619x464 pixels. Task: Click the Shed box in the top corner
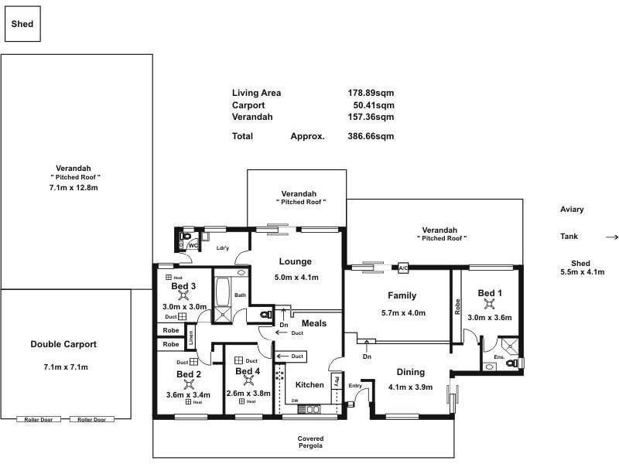[22, 24]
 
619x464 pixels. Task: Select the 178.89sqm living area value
[371, 93]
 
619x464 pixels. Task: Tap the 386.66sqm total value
[371, 136]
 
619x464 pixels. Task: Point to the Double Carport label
[63, 344]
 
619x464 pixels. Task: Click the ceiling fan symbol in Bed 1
[489, 304]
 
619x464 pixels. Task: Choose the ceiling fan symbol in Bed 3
[183, 295]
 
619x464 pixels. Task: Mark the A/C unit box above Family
[402, 268]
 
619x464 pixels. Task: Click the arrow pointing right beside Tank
[611, 237]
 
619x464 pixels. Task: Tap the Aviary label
[572, 210]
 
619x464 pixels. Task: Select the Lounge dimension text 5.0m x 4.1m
[296, 277]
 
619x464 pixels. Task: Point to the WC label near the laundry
[193, 245]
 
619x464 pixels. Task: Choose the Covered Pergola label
[310, 442]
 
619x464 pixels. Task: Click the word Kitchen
[309, 384]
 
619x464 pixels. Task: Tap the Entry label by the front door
[355, 386]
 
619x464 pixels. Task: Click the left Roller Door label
[38, 419]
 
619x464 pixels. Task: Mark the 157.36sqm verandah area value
[371, 118]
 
